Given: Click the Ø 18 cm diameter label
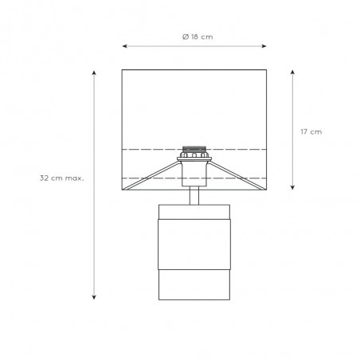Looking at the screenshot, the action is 198,37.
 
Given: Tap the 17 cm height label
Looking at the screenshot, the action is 311,131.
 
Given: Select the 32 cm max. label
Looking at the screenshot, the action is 61,178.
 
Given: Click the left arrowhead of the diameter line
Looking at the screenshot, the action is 124,46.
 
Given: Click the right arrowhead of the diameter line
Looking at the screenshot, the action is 264,46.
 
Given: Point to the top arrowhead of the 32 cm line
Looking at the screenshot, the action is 94,73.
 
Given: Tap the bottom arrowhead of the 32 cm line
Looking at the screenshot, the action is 94,297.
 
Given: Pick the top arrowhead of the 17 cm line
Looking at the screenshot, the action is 292,72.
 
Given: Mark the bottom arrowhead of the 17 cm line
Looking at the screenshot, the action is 292,187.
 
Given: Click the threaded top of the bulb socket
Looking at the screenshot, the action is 194,149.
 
